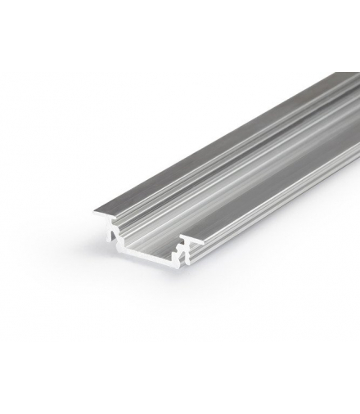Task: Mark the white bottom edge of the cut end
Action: tap(147, 270)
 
